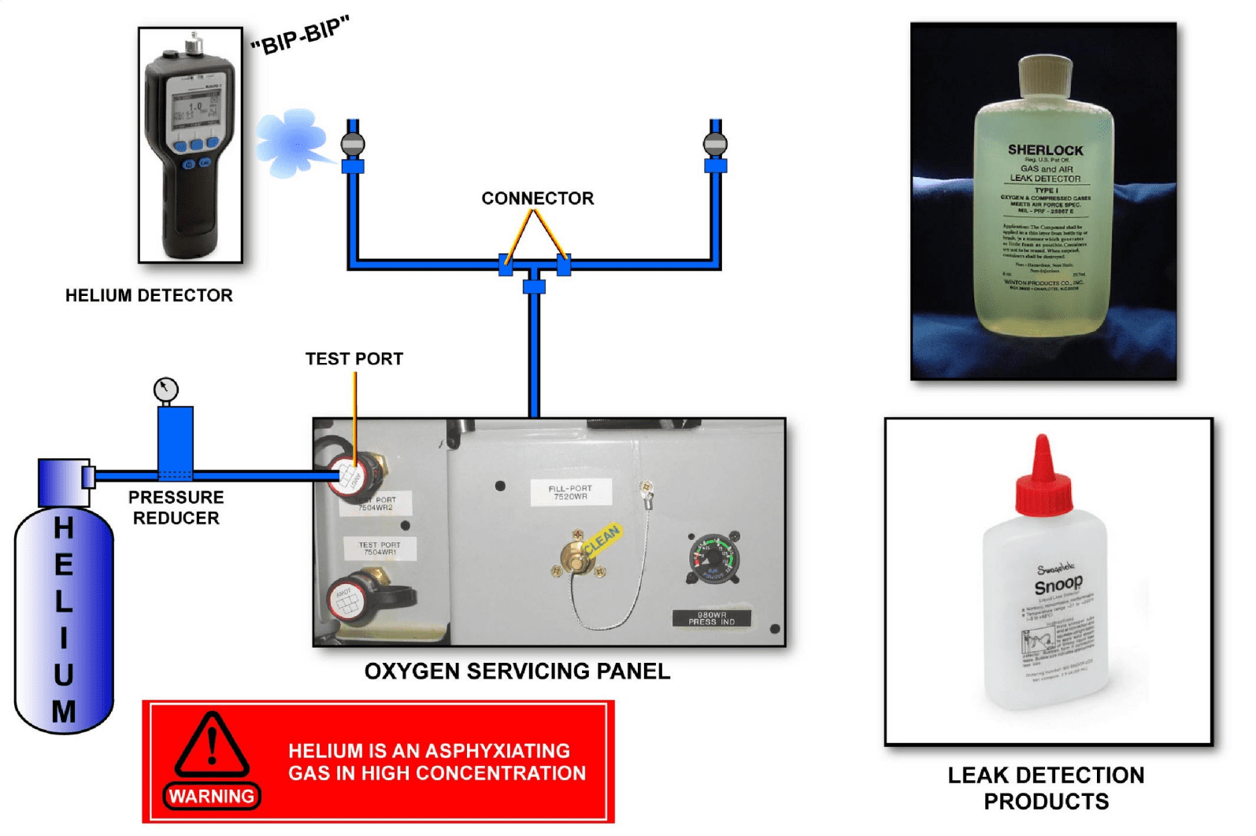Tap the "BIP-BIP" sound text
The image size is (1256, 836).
coord(299,36)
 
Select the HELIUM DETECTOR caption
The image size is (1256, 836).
coord(149,295)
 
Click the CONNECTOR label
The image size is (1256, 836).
coord(537,198)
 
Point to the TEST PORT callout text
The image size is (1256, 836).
coord(354,359)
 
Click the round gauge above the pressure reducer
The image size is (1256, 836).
coord(165,389)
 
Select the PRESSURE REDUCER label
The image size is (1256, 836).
coord(176,508)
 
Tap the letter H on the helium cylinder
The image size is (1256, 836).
coord(64,527)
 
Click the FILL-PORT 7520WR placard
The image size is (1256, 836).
coord(569,493)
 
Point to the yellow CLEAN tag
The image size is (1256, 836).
coord(602,541)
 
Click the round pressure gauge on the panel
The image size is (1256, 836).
coord(712,557)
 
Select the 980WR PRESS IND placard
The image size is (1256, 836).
coord(711,619)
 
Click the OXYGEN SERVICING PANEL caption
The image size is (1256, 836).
coord(517,671)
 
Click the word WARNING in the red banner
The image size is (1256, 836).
coord(211,797)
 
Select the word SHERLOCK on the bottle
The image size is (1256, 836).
coord(1045,150)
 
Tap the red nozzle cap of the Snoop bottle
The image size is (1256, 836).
coord(1043,476)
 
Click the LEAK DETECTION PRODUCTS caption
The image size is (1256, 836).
coord(1046,788)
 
